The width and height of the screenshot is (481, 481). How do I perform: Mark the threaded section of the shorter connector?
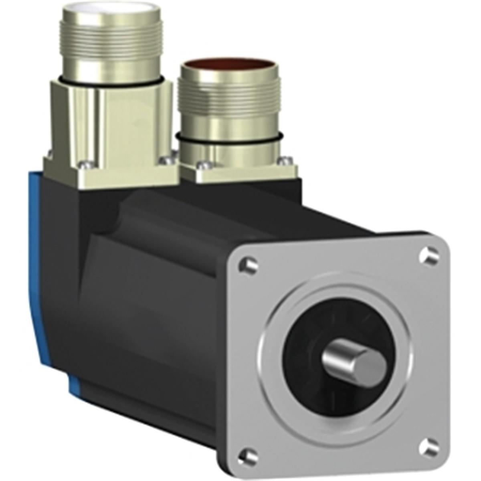click(226, 100)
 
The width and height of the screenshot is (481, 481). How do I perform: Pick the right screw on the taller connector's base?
click(164, 160)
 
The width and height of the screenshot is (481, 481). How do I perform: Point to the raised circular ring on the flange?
click(281, 321)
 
